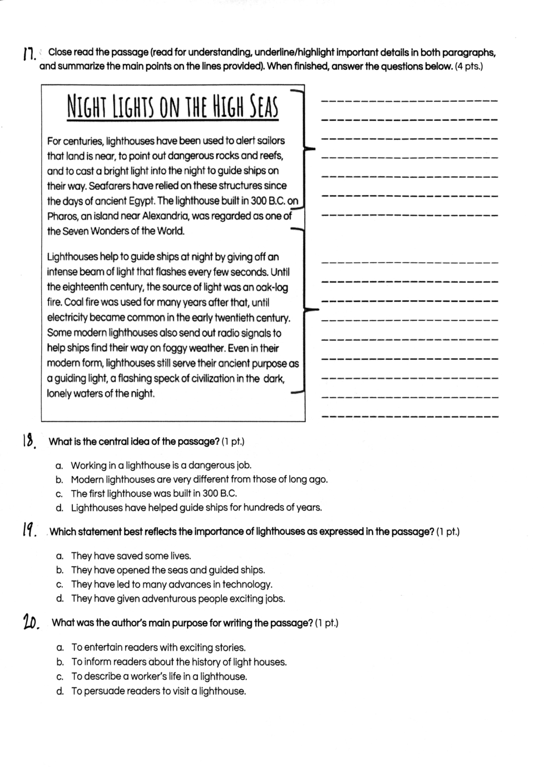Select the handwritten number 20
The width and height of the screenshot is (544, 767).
point(31,622)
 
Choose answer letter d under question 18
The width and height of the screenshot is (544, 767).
point(60,508)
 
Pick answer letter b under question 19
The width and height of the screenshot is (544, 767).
point(60,570)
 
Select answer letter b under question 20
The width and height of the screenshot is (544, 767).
point(60,662)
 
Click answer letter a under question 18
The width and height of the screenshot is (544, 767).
point(60,466)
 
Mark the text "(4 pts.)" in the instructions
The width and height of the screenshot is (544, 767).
point(468,67)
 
